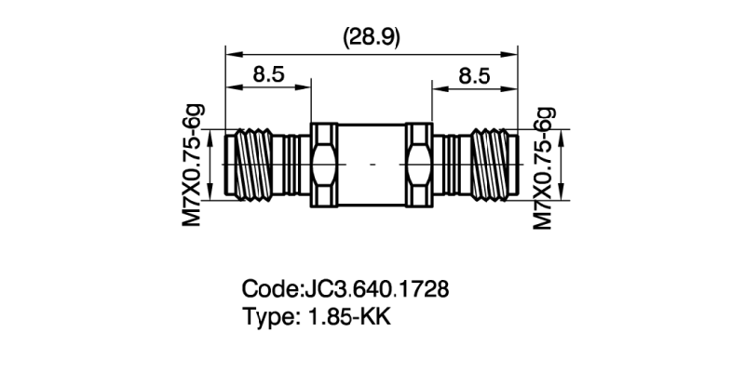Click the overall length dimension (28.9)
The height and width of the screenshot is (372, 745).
pyautogui.click(x=372, y=36)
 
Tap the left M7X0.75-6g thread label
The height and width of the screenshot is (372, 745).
pyautogui.click(x=192, y=165)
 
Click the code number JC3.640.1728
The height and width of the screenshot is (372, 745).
pyautogui.click(x=376, y=288)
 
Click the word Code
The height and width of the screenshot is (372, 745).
pyautogui.click(x=268, y=288)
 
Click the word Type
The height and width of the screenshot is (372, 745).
pyautogui.click(x=266, y=316)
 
